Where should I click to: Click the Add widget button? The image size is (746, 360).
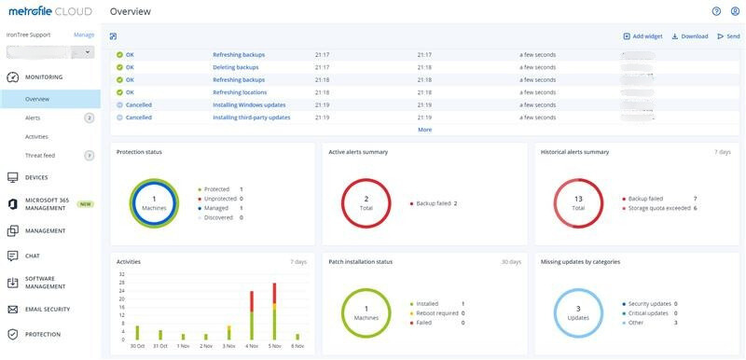643,36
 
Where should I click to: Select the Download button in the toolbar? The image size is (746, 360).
690,36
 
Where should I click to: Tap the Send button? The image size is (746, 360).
729,36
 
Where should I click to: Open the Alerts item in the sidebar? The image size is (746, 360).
33,118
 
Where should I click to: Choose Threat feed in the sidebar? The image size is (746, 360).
40,156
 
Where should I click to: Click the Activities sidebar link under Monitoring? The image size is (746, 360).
36,137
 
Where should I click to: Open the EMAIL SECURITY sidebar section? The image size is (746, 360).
48,309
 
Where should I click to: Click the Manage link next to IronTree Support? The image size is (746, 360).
84,35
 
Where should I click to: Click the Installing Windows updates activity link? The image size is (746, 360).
249,105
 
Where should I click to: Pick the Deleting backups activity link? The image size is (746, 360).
235,67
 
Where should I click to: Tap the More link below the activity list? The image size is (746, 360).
424,130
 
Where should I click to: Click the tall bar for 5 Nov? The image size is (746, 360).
274,312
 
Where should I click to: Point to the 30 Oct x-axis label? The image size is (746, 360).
137,346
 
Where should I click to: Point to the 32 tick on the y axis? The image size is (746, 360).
121,274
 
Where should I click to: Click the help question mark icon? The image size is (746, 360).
716,11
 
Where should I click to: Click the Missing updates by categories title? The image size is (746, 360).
580,262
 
